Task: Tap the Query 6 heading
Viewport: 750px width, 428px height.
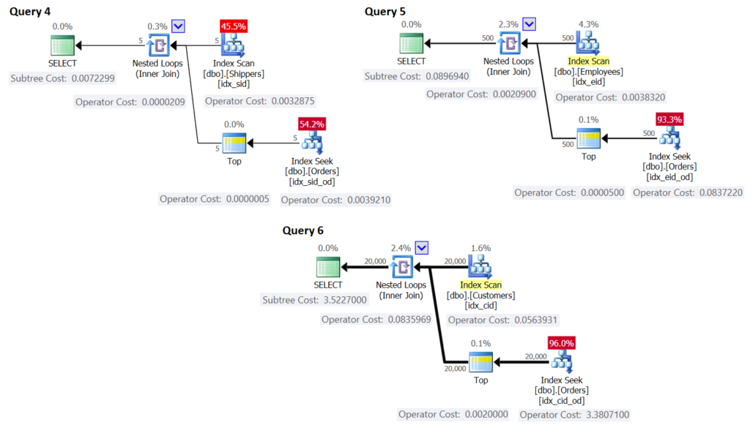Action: point(303,230)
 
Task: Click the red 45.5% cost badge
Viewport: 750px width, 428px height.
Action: point(234,26)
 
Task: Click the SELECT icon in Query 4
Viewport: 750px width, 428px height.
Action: point(62,45)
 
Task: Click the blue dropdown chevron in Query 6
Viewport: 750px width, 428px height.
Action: point(421,248)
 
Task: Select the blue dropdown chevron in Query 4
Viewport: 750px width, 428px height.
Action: point(178,26)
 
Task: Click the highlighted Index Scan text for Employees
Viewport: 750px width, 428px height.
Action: point(588,61)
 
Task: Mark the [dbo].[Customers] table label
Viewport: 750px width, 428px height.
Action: point(481,295)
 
